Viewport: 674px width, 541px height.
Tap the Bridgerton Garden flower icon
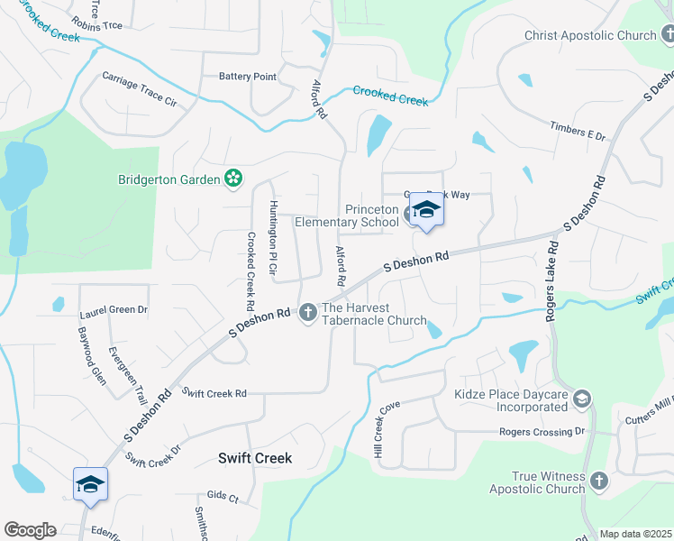(233, 179)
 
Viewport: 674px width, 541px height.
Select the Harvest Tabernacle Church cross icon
(307, 313)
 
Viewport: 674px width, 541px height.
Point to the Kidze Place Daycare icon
(583, 398)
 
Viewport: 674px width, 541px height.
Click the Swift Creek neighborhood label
(255, 458)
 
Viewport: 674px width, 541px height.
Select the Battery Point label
(248, 77)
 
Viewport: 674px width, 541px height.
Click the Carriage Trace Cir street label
(140, 88)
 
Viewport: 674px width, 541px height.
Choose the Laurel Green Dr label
(114, 309)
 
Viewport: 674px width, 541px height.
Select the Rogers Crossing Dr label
(542, 432)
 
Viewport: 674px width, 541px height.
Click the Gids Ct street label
(223, 498)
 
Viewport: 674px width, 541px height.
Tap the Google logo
(30, 530)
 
